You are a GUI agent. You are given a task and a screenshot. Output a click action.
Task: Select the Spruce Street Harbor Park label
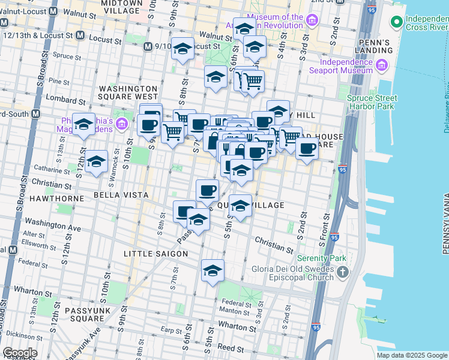[x=372, y=103]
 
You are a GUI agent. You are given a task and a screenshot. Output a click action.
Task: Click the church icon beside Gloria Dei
[x=342, y=274]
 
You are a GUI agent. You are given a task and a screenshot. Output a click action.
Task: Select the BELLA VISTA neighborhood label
[x=121, y=196]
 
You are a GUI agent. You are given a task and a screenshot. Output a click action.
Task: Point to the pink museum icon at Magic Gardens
[x=122, y=124]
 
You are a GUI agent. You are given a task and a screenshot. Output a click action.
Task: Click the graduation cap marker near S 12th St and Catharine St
[x=96, y=161]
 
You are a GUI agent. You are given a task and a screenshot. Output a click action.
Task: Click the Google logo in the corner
[x=20, y=353]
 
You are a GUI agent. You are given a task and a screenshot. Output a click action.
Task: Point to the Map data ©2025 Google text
[x=412, y=355]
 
